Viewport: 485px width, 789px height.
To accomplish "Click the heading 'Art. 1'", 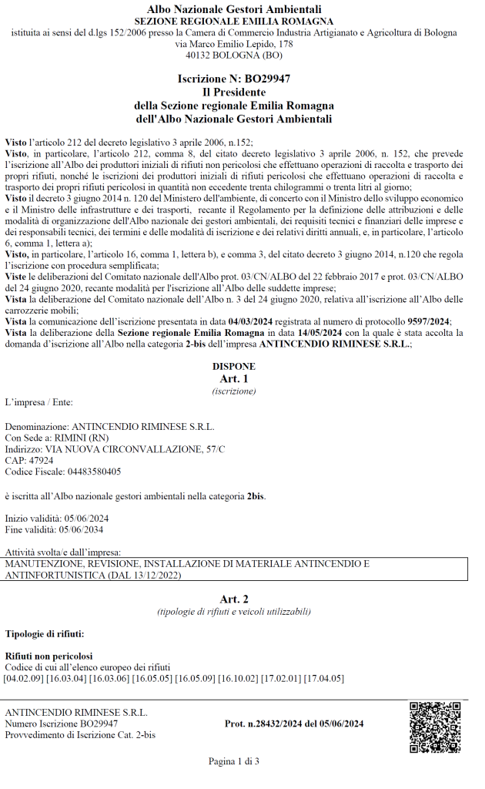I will pyautogui.click(x=234, y=378).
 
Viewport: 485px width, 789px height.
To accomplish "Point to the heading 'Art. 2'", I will pyautogui.click(x=234, y=599).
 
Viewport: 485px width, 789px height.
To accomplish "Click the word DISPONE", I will pyautogui.click(x=234, y=367).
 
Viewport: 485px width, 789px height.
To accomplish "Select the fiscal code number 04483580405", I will pyautogui.click(x=91, y=472).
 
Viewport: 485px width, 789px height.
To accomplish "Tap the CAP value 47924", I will pyautogui.click(x=38, y=460).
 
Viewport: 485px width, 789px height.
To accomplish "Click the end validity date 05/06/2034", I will pyautogui.click(x=77, y=529).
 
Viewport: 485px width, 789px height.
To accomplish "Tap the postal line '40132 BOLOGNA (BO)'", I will pyautogui.click(x=234, y=55).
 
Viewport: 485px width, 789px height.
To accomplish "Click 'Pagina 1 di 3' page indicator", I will pyautogui.click(x=234, y=761).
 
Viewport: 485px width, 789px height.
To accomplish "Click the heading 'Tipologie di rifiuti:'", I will pyautogui.click(x=45, y=633).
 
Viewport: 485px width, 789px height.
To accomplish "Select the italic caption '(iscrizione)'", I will pyautogui.click(x=234, y=391).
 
